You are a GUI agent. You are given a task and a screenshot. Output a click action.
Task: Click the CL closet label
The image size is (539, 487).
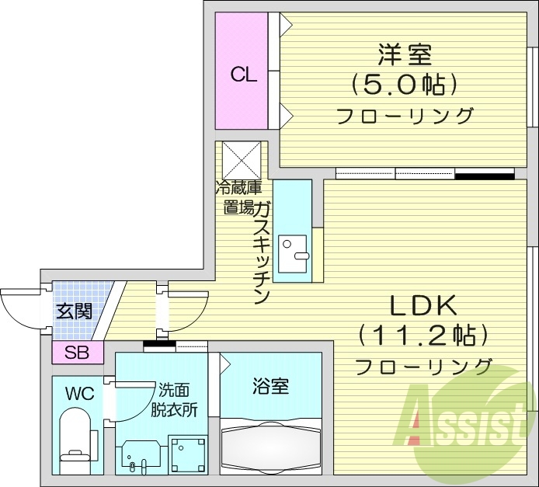click(244, 75)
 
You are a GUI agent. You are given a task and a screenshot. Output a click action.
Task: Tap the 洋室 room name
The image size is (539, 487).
click(405, 55)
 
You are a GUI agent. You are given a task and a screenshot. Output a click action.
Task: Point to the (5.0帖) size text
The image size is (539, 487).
click(404, 83)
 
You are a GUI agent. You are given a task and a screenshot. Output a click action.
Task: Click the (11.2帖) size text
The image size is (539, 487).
click(423, 336)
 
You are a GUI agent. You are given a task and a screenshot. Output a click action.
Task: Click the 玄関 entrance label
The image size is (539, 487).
click(75, 311)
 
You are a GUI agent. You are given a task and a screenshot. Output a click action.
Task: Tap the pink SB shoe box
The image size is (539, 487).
click(77, 353)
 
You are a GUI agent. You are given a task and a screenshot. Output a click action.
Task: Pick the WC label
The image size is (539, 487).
click(80, 394)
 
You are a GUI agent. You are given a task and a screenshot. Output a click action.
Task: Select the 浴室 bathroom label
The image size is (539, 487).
click(271, 386)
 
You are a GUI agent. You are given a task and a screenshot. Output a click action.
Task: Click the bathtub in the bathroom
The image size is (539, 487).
click(271, 447)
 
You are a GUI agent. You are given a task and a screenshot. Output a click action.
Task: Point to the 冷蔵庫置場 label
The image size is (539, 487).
click(238, 197)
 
